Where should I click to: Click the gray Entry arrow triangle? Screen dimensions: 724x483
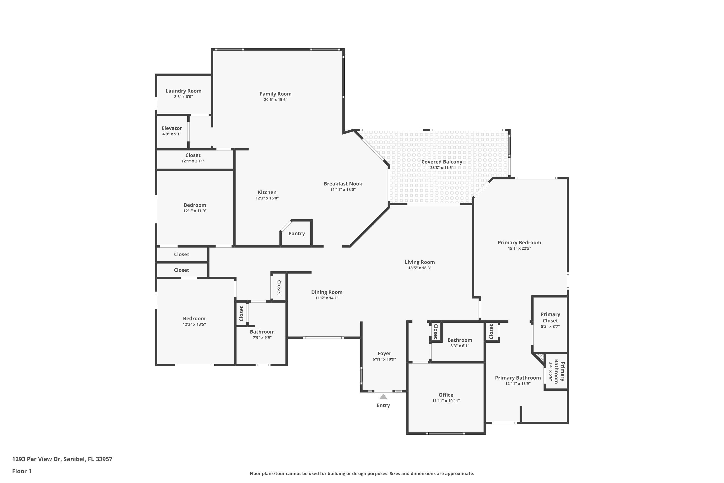(x=383, y=397)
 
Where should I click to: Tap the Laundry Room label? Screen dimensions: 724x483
(x=183, y=91)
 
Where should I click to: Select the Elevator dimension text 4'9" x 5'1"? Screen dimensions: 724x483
(x=172, y=134)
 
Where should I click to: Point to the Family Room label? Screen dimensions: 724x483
(x=276, y=94)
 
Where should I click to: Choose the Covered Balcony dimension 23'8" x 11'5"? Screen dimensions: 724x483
(x=442, y=168)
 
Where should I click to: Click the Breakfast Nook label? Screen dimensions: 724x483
(x=343, y=184)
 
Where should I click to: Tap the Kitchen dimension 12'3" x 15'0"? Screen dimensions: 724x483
(x=267, y=198)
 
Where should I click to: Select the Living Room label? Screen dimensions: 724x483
(x=420, y=262)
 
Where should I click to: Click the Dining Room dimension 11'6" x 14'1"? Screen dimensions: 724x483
(x=327, y=298)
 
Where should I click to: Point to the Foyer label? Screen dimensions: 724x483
(x=384, y=353)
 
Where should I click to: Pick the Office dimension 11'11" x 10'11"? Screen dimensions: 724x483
(x=446, y=401)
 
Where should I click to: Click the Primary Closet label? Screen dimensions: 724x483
(x=550, y=317)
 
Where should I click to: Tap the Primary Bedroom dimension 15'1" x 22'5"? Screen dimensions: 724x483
(x=520, y=248)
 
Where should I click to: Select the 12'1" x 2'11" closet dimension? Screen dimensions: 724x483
(x=193, y=161)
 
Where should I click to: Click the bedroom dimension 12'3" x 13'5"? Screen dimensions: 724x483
(x=194, y=324)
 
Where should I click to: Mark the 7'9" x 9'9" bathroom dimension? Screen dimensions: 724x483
(x=262, y=338)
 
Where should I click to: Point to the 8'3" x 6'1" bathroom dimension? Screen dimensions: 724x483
(x=460, y=346)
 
